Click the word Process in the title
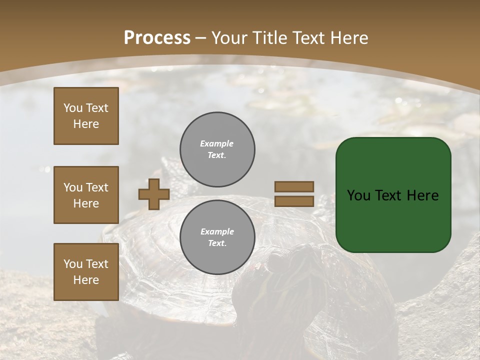click(157, 38)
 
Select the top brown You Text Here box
click(86, 116)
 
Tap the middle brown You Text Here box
click(86, 195)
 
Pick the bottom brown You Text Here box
click(86, 272)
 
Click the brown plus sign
click(154, 194)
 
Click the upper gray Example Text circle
click(217, 149)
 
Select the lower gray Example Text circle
click(217, 237)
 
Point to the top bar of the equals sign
click(294, 187)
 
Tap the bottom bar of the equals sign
click(294, 201)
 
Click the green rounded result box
click(393, 194)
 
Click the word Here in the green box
click(422, 195)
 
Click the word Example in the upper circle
click(217, 143)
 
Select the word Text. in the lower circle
click(217, 243)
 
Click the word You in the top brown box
click(73, 108)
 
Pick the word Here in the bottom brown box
click(86, 280)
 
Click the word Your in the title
click(229, 38)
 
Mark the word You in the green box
click(358, 195)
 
